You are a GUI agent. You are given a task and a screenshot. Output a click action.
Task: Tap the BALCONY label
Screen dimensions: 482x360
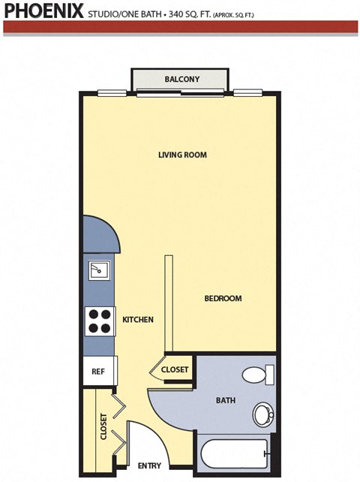[181, 80]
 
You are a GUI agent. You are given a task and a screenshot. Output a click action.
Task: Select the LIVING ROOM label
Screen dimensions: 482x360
[182, 155]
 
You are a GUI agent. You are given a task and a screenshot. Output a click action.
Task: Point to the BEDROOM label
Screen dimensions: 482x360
[223, 298]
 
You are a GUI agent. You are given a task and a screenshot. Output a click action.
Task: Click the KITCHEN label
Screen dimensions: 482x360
[138, 320]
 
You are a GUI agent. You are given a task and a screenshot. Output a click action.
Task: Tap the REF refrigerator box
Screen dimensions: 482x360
[98, 371]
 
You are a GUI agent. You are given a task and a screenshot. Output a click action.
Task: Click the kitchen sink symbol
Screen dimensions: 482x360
[98, 270]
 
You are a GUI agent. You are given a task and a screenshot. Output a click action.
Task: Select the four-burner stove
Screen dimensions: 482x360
[99, 321]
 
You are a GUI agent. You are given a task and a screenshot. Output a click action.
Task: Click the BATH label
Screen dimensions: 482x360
[225, 401]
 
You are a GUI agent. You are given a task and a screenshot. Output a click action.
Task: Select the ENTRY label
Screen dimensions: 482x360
[151, 465]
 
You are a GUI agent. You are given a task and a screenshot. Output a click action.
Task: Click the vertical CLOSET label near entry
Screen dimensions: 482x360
[103, 426]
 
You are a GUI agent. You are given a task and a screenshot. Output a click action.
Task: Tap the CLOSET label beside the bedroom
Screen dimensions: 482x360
[175, 369]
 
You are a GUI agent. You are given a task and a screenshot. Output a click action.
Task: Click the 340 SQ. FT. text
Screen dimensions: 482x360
[190, 14]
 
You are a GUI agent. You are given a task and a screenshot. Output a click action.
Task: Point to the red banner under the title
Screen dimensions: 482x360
[180, 27]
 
